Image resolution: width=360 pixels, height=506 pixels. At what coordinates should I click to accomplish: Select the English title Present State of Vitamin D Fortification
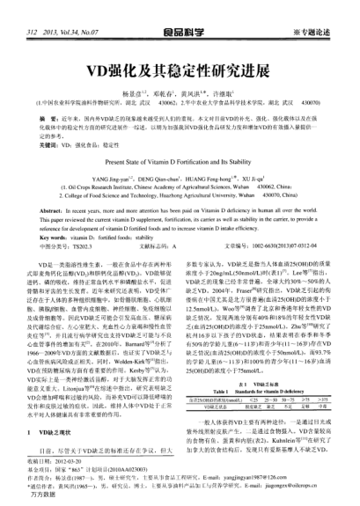click(x=180, y=137)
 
